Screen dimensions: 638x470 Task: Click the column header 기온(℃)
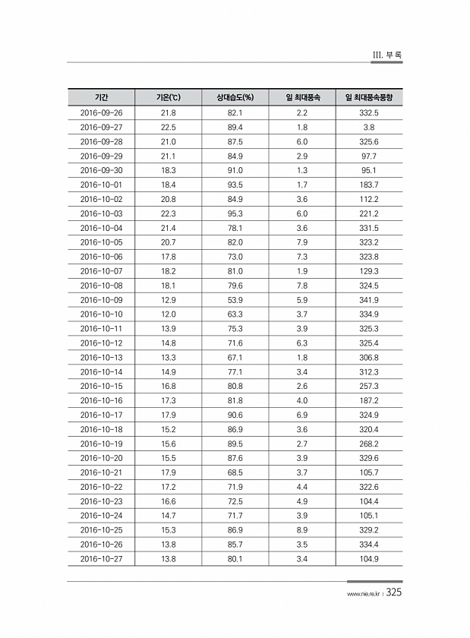tap(168, 98)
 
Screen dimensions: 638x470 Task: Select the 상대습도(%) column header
tap(235, 98)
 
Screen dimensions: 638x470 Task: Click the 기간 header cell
tap(101, 98)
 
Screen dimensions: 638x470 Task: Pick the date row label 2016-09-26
tap(101, 112)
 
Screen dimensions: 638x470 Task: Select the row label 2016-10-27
tap(101, 560)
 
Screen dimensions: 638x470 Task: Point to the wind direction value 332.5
tap(370, 112)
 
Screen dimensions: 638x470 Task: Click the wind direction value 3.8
tap(370, 127)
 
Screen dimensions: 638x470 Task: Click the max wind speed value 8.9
tap(301, 531)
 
